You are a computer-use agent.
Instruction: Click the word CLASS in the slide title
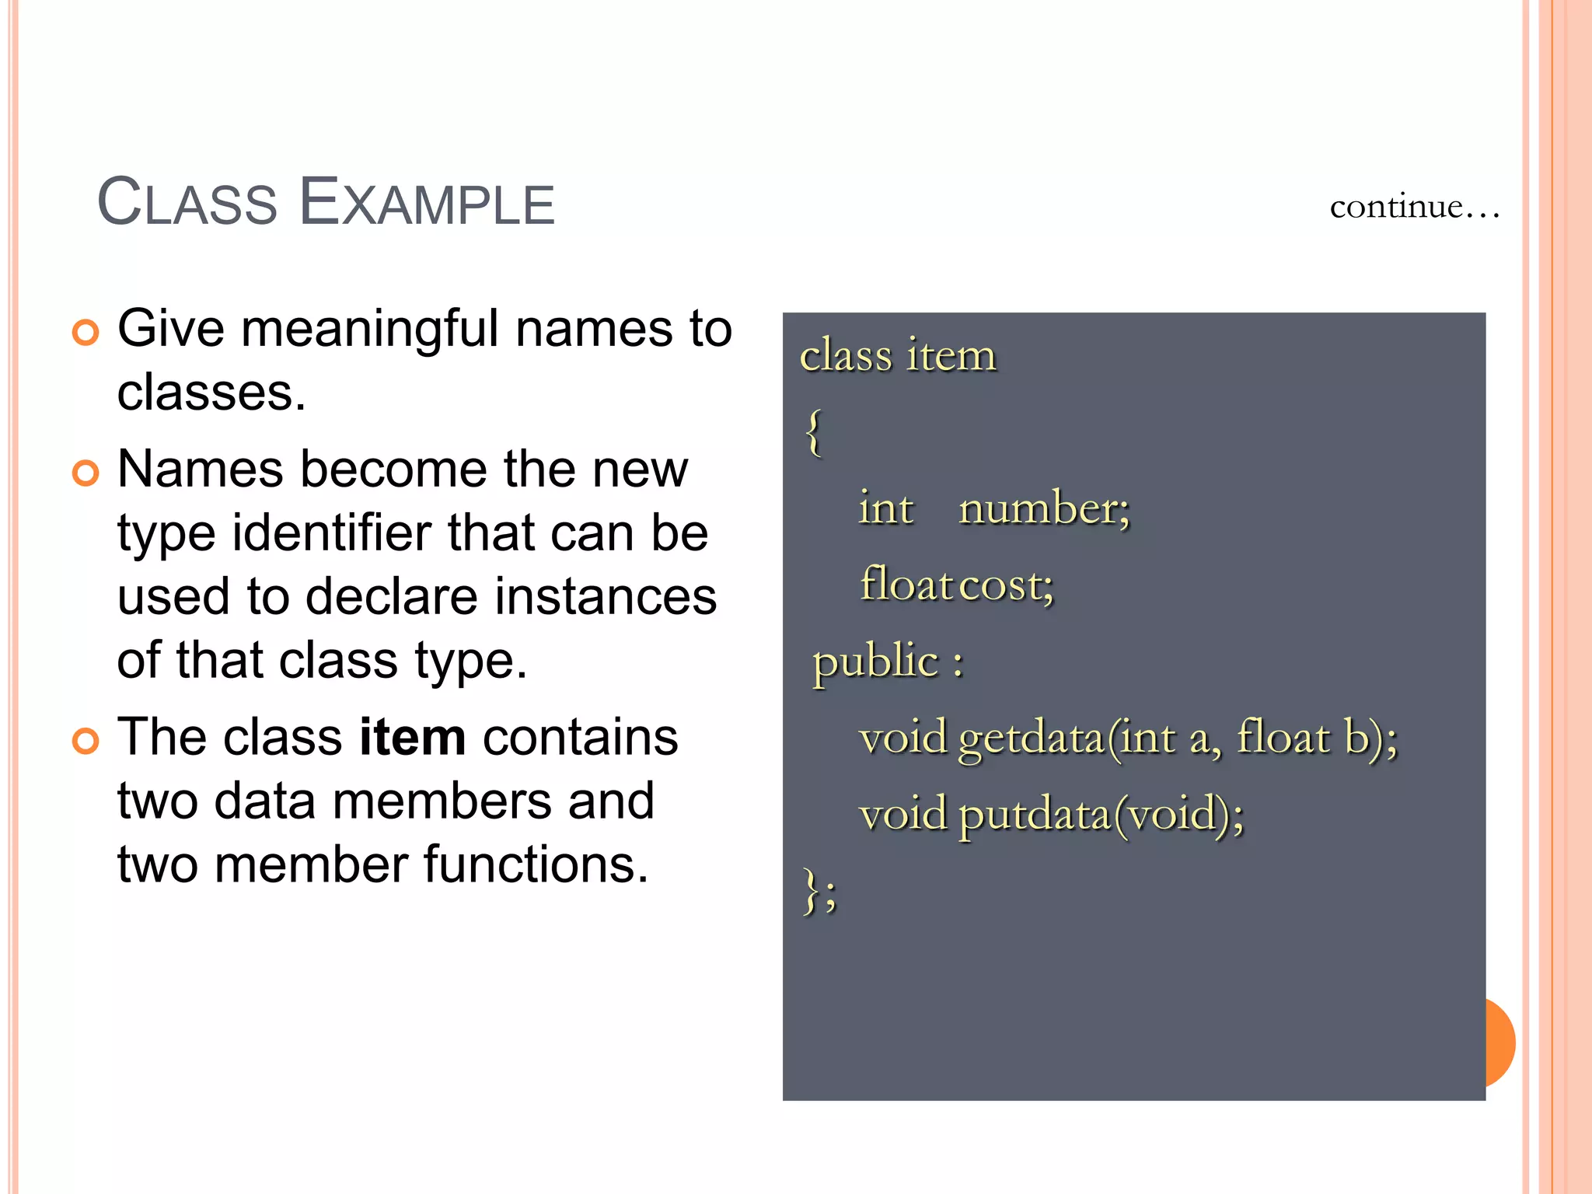[187, 203]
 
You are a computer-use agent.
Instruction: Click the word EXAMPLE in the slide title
[427, 203]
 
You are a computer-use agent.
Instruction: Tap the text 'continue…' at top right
[1413, 207]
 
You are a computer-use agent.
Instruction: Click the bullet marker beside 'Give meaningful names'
[86, 333]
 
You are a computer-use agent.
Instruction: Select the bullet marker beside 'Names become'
[86, 473]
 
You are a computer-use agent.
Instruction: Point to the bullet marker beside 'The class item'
[86, 741]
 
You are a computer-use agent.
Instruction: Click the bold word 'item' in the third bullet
[412, 737]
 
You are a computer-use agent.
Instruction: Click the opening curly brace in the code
[813, 432]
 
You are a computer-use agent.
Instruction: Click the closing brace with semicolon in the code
[819, 892]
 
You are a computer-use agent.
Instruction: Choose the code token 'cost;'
[1007, 585]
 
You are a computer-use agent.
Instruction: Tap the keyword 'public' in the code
[875, 662]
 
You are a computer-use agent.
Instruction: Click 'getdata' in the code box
[1031, 738]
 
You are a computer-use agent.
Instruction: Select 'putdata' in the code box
[1034, 815]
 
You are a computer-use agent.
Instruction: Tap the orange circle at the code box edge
[1500, 1042]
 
